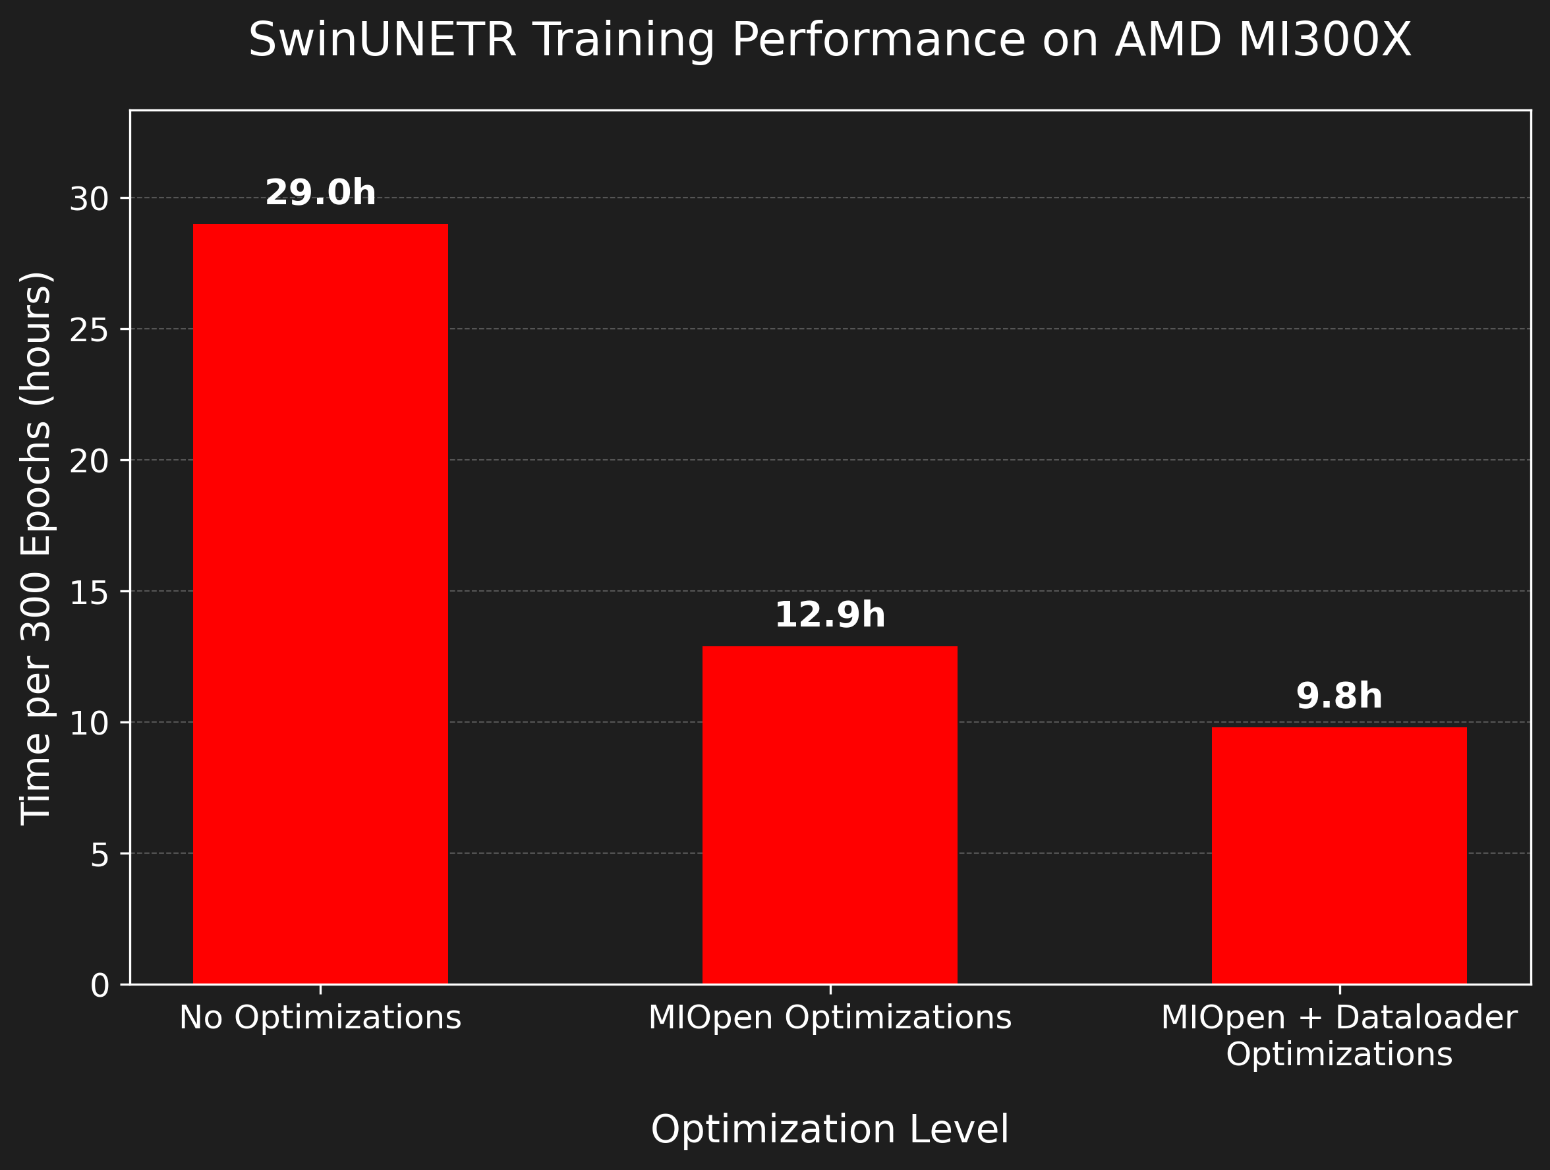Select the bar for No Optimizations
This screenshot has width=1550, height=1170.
point(320,604)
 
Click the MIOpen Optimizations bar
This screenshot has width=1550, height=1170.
point(830,815)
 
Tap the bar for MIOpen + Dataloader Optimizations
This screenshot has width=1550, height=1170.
point(1339,856)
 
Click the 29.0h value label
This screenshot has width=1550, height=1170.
point(320,192)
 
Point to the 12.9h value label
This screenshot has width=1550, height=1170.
point(830,615)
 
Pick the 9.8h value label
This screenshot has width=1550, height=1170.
point(1339,696)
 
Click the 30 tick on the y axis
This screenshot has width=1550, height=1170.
point(89,200)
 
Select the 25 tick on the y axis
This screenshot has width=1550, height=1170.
point(89,331)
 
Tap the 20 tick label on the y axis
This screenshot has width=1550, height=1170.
point(89,462)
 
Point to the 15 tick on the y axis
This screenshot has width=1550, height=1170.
point(89,593)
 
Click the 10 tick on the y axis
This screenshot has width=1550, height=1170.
point(89,724)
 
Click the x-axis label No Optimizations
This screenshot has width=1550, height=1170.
point(320,1018)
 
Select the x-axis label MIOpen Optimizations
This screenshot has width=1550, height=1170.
point(830,1018)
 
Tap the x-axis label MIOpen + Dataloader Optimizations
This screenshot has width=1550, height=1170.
point(1339,1036)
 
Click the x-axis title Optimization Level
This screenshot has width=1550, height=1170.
point(830,1129)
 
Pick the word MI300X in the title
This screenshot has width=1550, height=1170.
point(1325,40)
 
